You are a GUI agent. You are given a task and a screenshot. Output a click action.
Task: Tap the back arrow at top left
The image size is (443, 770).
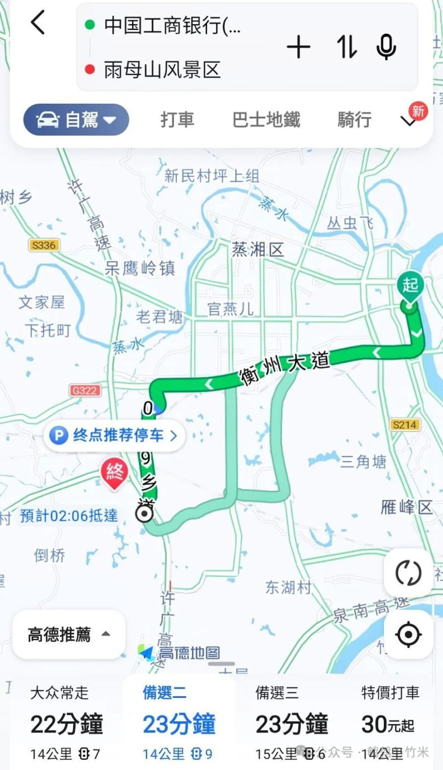(x=38, y=23)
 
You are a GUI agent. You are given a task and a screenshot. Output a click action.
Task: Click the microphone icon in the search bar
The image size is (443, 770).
(x=386, y=47)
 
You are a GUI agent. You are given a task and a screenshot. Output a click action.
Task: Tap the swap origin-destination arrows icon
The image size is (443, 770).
(x=346, y=47)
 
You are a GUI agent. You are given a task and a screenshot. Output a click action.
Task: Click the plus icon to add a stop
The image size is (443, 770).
(x=299, y=47)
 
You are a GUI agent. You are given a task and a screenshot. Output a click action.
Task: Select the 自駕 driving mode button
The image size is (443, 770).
(x=76, y=120)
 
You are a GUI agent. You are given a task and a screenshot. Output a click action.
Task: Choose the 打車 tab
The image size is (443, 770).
(x=177, y=120)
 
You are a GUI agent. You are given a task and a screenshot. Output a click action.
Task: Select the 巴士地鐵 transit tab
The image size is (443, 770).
(x=266, y=120)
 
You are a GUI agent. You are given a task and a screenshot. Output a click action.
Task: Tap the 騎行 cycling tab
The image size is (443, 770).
(x=354, y=120)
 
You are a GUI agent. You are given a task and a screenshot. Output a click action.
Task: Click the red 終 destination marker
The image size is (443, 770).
(x=114, y=473)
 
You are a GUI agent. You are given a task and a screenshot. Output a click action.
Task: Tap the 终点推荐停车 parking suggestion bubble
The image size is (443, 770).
(x=114, y=435)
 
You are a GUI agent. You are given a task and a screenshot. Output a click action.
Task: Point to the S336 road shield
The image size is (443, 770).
(x=44, y=245)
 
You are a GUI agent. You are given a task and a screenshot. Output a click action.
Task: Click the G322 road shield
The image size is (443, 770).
(x=84, y=391)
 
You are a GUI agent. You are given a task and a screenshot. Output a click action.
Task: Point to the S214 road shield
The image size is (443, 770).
(x=404, y=425)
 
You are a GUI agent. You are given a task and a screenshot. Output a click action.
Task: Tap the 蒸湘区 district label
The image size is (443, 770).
(x=257, y=250)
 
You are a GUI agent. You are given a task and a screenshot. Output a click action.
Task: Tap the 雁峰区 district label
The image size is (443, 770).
(x=406, y=507)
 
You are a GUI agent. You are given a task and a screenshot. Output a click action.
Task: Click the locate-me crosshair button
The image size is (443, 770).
(x=408, y=634)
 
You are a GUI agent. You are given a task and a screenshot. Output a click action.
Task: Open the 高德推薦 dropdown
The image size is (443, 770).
(x=69, y=634)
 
